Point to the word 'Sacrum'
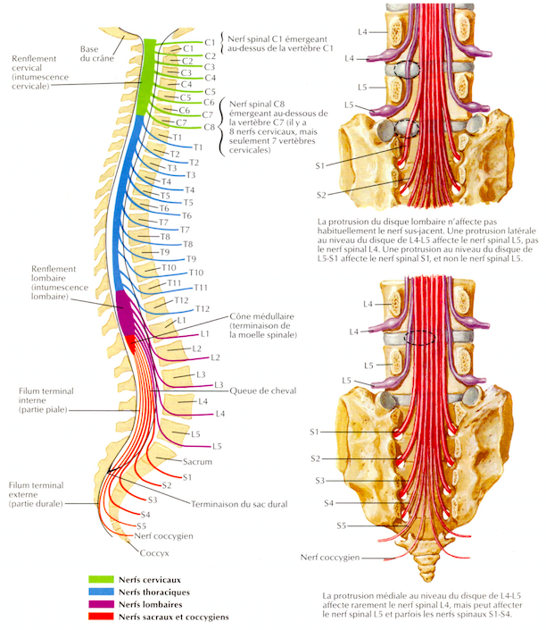196,464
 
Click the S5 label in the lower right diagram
342,525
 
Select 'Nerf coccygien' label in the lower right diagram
329,557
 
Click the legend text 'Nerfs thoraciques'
153,592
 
